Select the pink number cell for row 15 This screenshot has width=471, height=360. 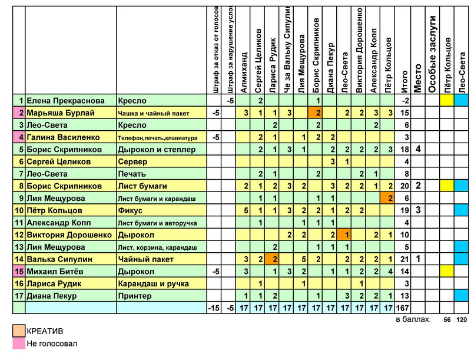pyautogui.click(x=19, y=272)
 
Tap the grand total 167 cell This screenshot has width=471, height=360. pyautogui.click(x=404, y=308)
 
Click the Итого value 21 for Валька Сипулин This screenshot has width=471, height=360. pyautogui.click(x=404, y=259)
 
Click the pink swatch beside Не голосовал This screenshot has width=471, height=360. pyautogui.click(x=19, y=344)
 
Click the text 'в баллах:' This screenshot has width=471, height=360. pyautogui.click(x=413, y=319)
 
